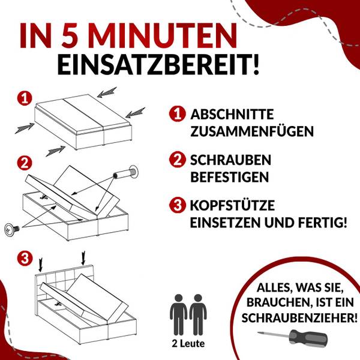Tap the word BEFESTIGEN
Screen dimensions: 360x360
pos(229,178)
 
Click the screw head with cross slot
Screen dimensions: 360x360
pos(13,229)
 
